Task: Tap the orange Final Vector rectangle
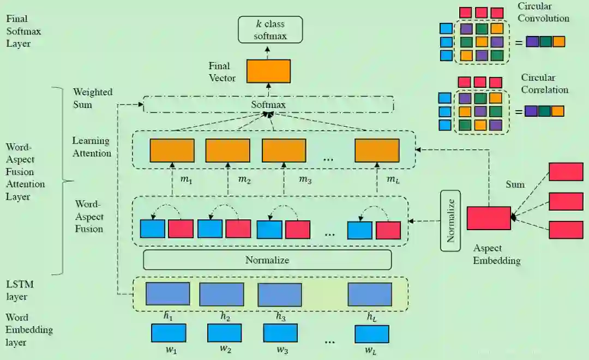coord(268,71)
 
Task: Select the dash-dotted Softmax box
coord(268,104)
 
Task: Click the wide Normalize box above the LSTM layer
coord(267,260)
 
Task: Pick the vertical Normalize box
coord(450,220)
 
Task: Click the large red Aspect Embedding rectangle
coord(489,218)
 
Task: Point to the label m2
coord(244,179)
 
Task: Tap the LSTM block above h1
coord(168,294)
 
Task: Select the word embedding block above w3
coord(280,333)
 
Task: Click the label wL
coord(370,350)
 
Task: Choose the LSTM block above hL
coord(370,294)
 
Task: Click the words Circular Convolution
coord(543,13)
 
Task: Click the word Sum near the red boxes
coord(515,184)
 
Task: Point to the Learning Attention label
coord(92,147)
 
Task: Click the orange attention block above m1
coord(172,151)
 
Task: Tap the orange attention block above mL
coord(377,151)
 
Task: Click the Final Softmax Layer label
coord(23,31)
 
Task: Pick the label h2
coord(225,316)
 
